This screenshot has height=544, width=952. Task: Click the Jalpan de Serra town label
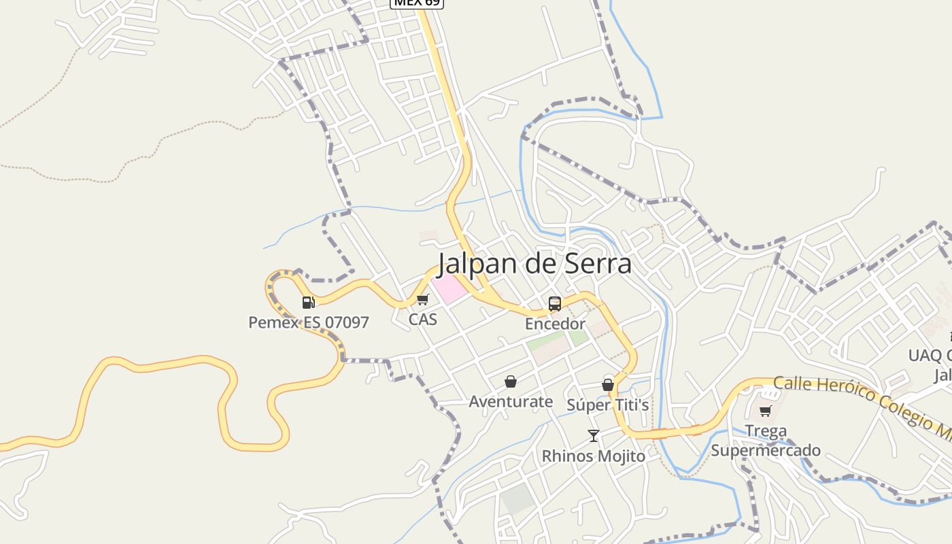coord(534,264)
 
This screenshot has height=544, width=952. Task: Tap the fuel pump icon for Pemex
coord(308,303)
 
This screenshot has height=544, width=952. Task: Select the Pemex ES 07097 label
coord(308,322)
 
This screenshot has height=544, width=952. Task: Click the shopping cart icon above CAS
coord(422,299)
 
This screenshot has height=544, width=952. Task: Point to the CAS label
coord(422,319)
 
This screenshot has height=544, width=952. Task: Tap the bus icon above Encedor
coord(555,304)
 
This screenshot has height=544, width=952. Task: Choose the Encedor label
coord(555,324)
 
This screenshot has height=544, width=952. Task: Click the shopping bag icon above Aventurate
coord(511,381)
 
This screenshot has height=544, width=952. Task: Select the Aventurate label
coord(511,401)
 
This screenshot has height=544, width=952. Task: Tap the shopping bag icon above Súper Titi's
coord(608,385)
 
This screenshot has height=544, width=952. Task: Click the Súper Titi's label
coord(608,405)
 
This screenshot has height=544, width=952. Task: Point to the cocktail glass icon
coord(594,435)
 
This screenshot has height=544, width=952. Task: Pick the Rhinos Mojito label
coord(594,456)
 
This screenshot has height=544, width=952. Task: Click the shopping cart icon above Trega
coord(766,411)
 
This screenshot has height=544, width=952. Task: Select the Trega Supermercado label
coord(766,441)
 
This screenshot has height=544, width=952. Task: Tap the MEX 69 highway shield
coord(417,3)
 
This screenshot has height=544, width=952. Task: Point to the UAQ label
coord(925,355)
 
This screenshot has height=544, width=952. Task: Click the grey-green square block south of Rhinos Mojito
coord(518,499)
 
